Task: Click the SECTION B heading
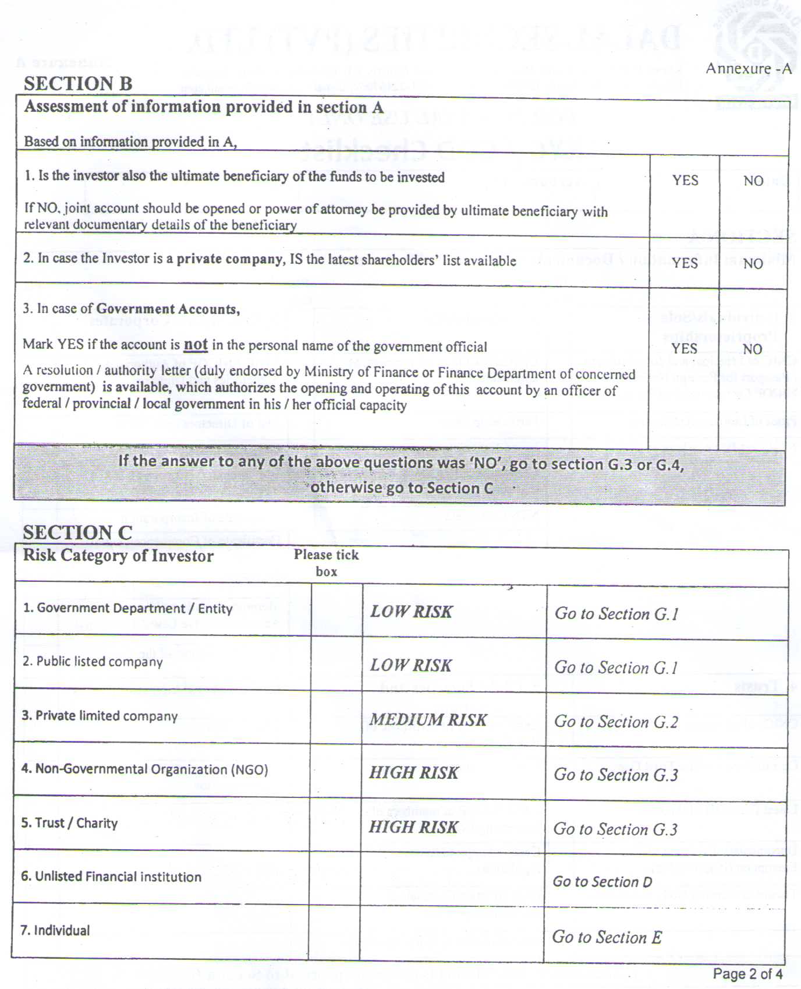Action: tap(78, 84)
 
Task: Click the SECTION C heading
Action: tap(77, 532)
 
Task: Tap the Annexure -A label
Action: tap(749, 69)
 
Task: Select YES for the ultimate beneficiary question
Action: tap(685, 181)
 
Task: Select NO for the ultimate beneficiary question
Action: tap(753, 181)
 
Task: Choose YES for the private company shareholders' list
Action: tap(685, 263)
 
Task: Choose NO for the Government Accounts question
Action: tap(753, 349)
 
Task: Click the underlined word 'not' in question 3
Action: tap(196, 345)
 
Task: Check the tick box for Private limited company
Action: tap(336, 716)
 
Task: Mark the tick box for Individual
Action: tap(335, 931)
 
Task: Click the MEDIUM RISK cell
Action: tap(428, 720)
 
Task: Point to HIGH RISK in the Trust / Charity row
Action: tap(413, 827)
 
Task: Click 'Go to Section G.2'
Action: tap(616, 722)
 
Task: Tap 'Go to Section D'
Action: tap(602, 882)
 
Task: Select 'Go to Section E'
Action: tap(607, 937)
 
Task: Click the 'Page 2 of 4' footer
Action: tap(747, 974)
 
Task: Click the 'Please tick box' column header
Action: tap(326, 563)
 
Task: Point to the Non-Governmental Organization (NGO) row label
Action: tap(145, 769)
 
